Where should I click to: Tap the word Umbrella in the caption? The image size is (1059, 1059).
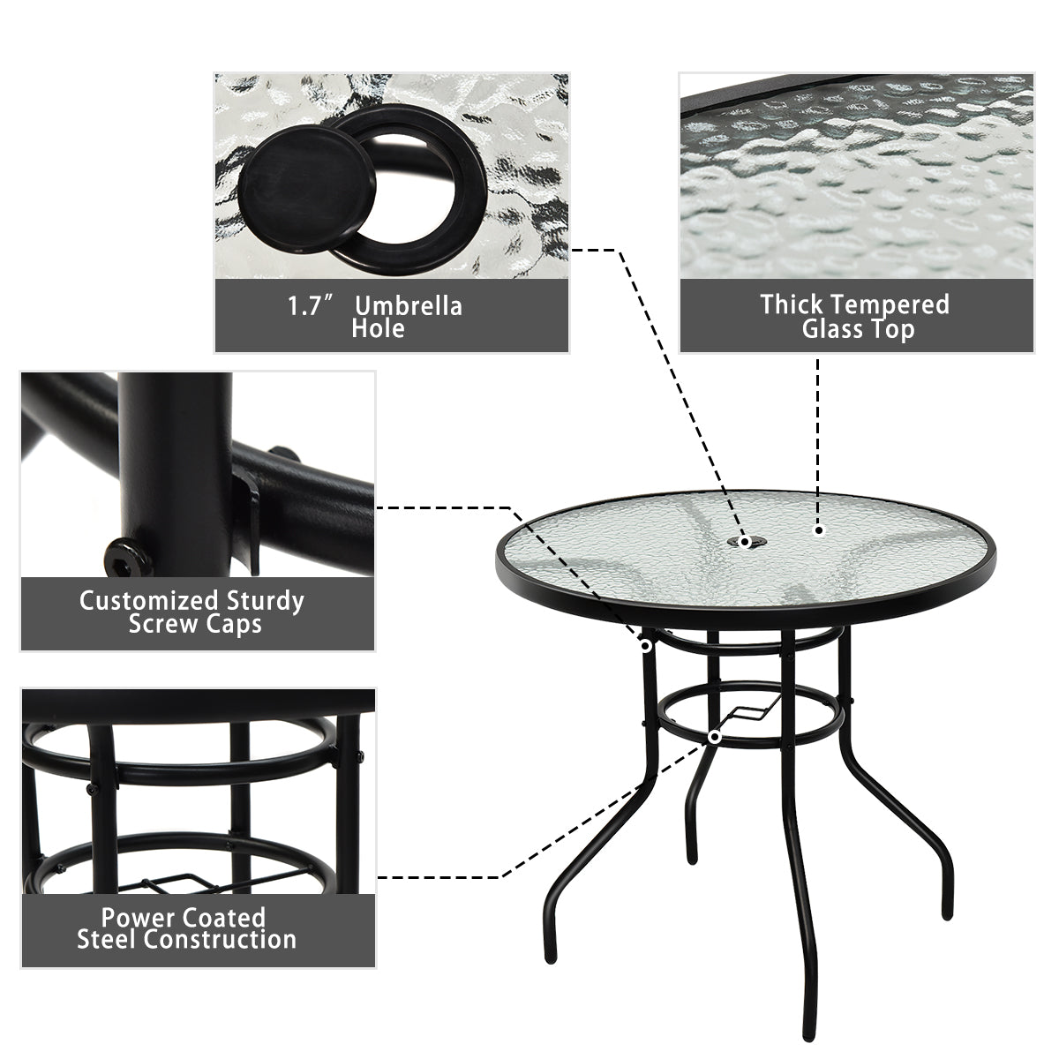tap(408, 306)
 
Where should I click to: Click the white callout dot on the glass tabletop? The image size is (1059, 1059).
tap(819, 530)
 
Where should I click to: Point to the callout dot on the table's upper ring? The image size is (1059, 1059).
tap(646, 646)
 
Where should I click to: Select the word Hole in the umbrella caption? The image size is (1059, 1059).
tap(378, 329)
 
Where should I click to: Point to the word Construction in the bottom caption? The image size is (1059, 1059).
tap(221, 938)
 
